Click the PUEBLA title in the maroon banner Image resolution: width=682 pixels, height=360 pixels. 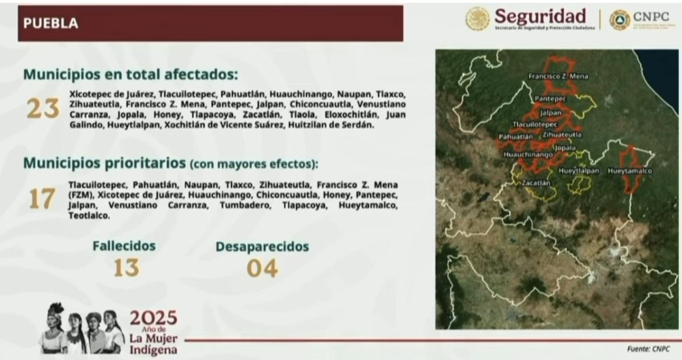pos(50,23)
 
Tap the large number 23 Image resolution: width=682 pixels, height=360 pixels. pos(43,109)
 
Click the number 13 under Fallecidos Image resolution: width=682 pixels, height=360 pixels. pos(126,267)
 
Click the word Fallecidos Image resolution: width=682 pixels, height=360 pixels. pos(124,246)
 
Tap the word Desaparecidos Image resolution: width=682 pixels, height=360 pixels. pos(262,246)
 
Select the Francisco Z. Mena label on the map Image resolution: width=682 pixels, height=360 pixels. pos(558,76)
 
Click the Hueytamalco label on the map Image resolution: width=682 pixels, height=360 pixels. pos(629,171)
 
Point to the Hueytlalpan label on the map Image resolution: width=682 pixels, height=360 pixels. pos(579,171)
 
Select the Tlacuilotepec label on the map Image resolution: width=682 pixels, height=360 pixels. pos(535,125)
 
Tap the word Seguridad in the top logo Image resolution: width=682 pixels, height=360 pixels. pos(540,16)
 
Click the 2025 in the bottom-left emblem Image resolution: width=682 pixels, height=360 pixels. pos(153,318)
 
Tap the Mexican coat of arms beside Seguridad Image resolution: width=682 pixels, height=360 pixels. pos(477,19)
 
